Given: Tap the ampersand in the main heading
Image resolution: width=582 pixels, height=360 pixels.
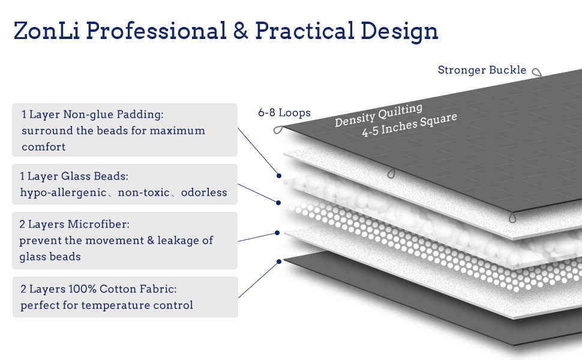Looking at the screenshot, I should [241, 31].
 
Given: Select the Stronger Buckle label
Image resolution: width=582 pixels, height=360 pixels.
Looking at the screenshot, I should [482, 70].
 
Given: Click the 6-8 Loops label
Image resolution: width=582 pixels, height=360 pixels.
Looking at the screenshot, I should [284, 112].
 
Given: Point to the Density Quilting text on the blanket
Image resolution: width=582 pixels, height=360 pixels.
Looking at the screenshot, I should [378, 115].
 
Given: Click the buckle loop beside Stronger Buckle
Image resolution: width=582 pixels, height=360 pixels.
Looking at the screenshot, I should [536, 72].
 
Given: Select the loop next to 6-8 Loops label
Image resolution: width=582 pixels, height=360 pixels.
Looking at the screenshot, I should [278, 130].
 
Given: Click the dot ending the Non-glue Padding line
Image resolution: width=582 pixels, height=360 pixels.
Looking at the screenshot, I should [280, 176].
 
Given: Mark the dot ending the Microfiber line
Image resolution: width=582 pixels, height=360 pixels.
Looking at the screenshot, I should [277, 232].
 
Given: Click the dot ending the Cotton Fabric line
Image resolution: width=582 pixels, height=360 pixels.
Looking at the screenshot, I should [279, 262].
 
